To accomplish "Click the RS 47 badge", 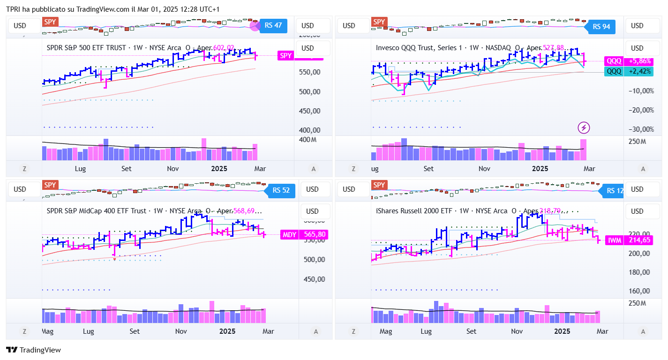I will [273, 25].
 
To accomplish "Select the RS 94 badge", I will [601, 26].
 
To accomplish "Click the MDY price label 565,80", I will [304, 234].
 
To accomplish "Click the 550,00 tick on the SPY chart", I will [309, 72].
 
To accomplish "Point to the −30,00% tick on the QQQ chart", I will [641, 129].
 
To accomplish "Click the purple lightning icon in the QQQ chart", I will [584, 127].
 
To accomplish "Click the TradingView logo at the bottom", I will [33, 350].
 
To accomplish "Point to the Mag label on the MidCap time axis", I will [47, 331].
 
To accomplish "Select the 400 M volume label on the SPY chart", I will [308, 140].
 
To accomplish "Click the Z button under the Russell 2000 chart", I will [353, 331].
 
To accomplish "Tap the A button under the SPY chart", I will [314, 169].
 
